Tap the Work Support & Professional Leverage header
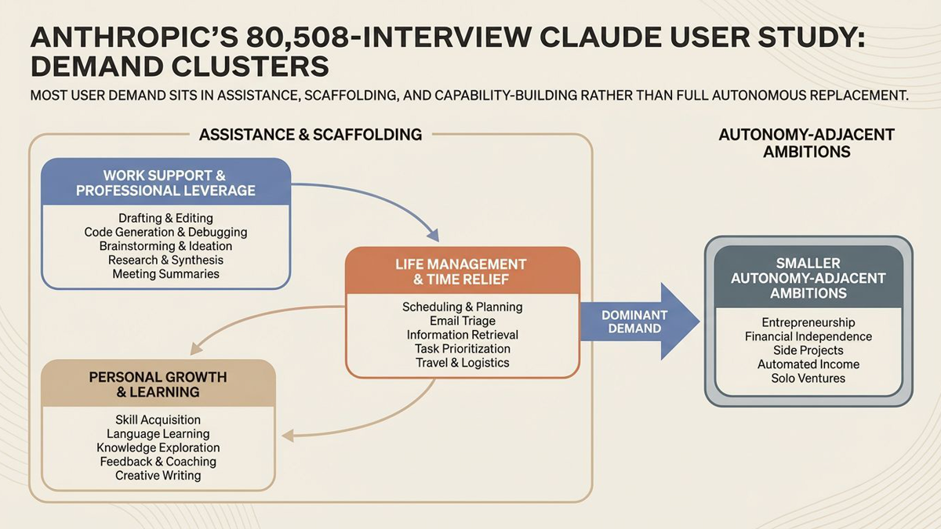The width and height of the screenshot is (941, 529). (x=165, y=182)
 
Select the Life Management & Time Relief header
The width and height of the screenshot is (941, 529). (x=461, y=271)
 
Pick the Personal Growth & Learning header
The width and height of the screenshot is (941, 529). (x=158, y=383)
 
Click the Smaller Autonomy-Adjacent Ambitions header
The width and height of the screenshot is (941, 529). (x=808, y=278)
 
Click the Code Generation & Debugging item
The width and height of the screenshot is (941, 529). (x=165, y=232)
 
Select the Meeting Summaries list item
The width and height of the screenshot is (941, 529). (x=165, y=274)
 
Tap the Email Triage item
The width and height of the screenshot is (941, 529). (x=462, y=321)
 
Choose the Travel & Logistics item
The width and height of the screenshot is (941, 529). (x=462, y=363)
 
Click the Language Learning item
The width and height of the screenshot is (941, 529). (x=158, y=433)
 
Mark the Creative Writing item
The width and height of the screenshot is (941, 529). (x=158, y=476)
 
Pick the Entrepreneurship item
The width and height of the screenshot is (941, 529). (x=808, y=322)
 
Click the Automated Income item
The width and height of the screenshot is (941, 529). (x=808, y=364)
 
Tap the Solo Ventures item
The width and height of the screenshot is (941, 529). (x=808, y=379)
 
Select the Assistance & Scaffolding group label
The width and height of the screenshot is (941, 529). (x=311, y=135)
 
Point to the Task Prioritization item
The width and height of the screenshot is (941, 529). (x=462, y=349)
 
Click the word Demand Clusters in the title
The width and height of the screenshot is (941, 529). (x=180, y=67)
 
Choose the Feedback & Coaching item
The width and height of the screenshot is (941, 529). (x=158, y=462)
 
